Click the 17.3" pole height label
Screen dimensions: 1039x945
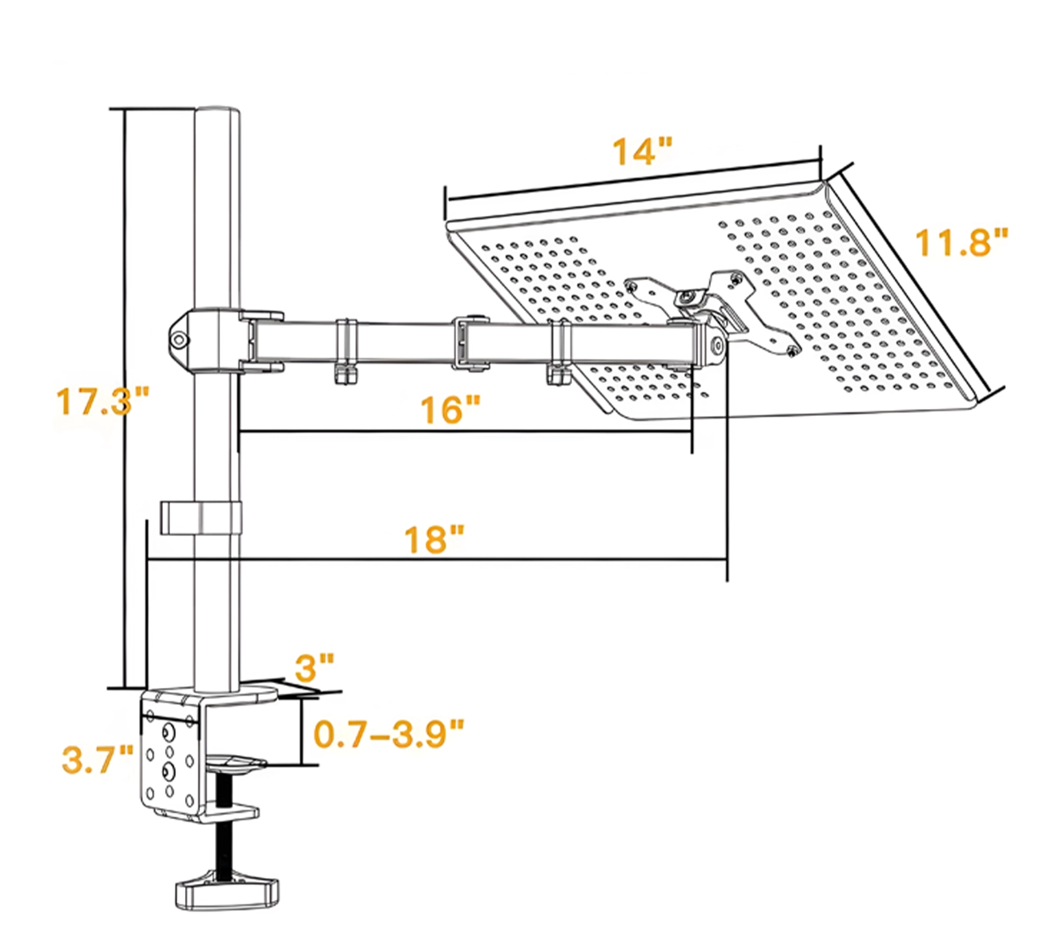click(x=103, y=401)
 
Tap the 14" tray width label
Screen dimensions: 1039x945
click(x=642, y=152)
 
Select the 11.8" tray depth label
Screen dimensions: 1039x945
click(x=962, y=241)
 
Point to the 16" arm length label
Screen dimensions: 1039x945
click(x=450, y=410)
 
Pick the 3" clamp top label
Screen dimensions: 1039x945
click(x=315, y=667)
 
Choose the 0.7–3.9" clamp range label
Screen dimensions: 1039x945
click(x=390, y=733)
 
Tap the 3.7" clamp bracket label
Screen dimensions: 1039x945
click(x=98, y=759)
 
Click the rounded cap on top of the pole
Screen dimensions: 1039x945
click(x=218, y=112)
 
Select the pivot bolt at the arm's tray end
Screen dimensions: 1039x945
click(x=716, y=345)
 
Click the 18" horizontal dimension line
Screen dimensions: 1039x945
click(x=438, y=559)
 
